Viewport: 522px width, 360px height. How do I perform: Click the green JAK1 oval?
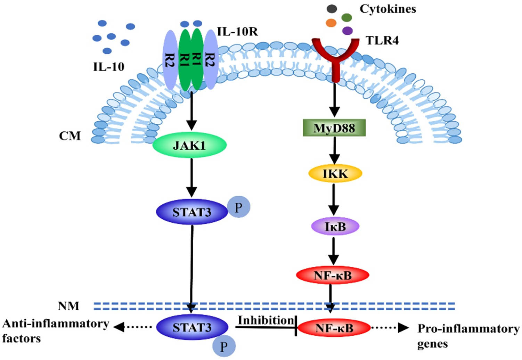[190, 145]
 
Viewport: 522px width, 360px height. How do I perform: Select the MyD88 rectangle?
[334, 128]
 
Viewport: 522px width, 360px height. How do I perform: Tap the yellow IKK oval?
[335, 173]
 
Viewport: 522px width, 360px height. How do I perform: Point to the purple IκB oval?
[335, 227]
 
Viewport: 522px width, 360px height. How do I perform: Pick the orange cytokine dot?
[331, 23]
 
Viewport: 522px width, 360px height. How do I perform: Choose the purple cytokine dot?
[347, 31]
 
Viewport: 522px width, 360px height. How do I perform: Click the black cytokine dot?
[332, 9]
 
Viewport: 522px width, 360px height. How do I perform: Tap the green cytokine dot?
[346, 17]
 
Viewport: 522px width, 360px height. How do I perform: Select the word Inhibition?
[266, 320]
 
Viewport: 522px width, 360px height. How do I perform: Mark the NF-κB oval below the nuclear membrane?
[334, 328]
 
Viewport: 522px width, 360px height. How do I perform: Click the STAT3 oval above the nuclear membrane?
[192, 212]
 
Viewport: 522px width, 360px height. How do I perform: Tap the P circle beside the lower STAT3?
[224, 346]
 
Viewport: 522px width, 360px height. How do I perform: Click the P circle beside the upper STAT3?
[238, 207]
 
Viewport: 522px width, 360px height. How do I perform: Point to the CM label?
[70, 136]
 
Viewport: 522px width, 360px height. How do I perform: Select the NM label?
[68, 306]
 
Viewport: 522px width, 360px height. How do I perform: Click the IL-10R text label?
[237, 32]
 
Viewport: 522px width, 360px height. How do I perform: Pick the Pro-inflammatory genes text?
[468, 336]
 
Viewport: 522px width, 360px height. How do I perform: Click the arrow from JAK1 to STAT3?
[191, 178]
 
